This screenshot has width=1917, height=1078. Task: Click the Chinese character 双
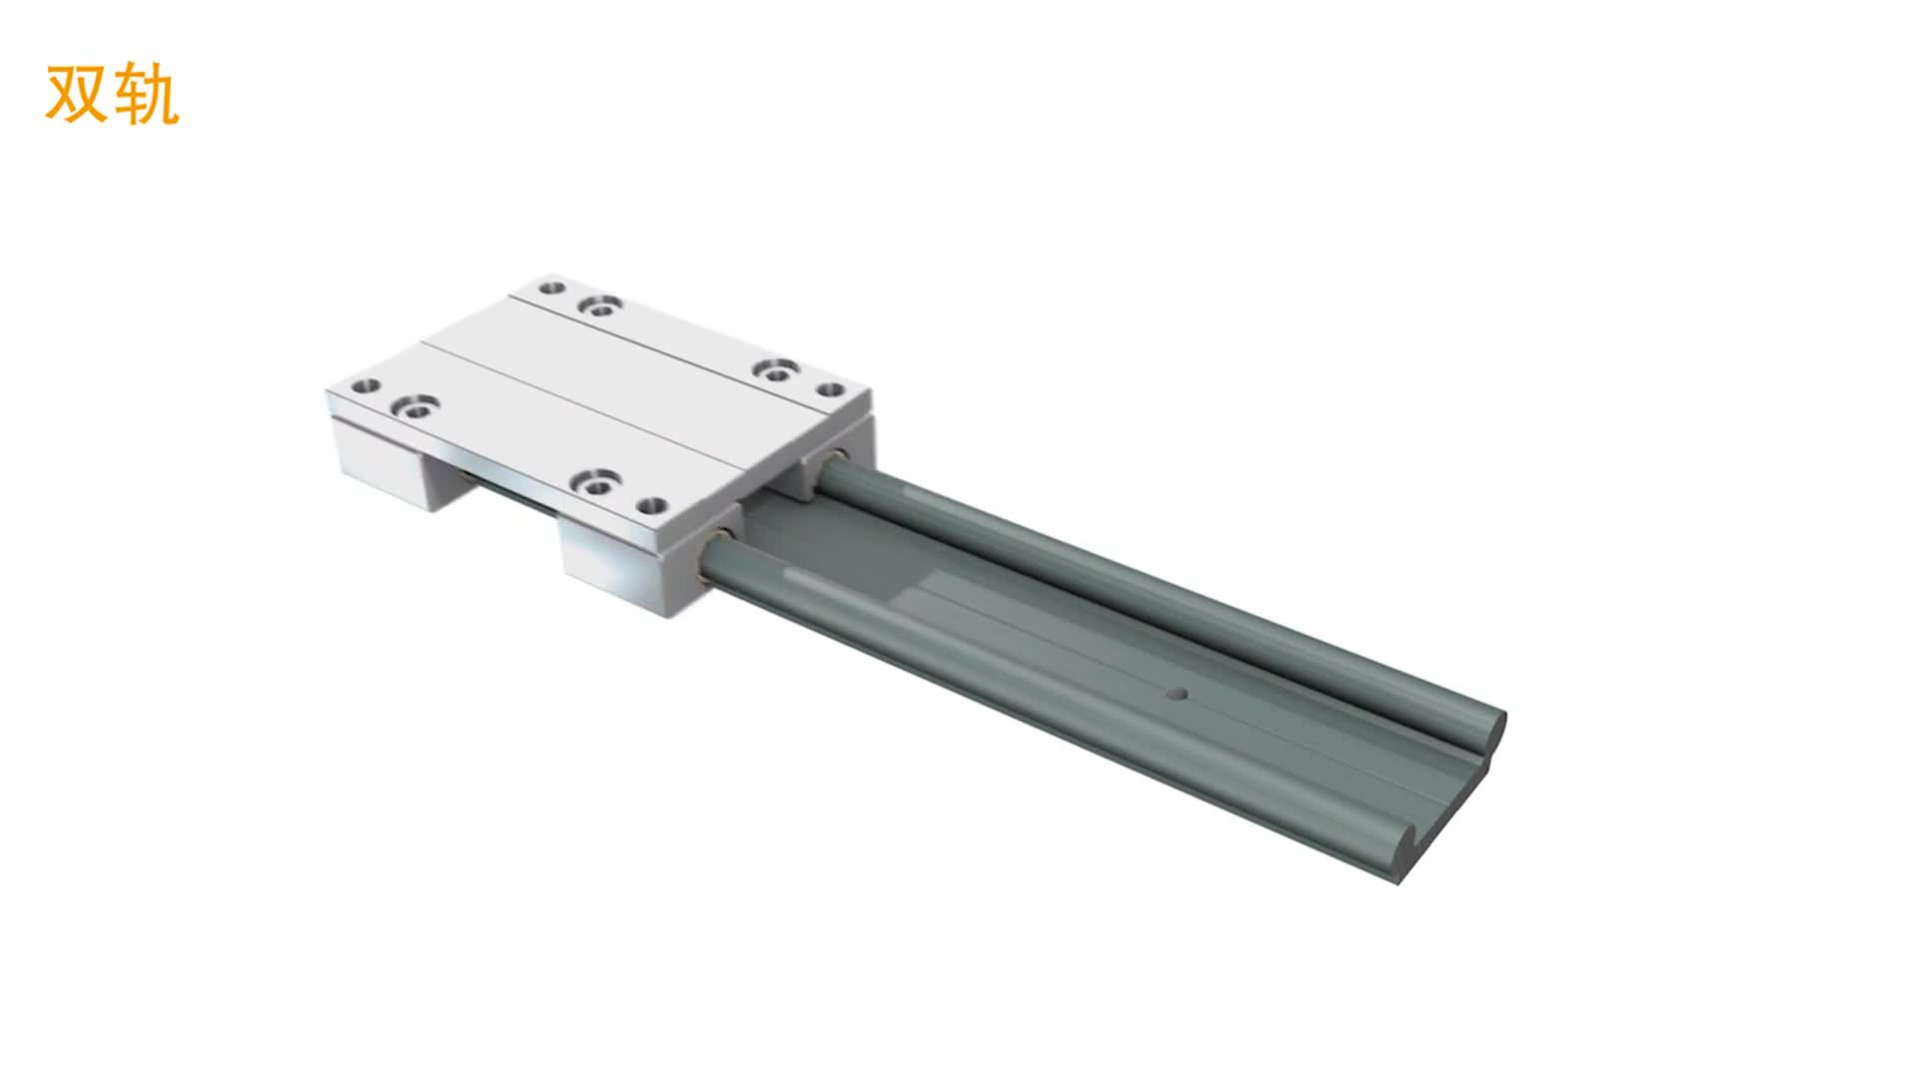77,95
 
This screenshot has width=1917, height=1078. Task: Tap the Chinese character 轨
146,95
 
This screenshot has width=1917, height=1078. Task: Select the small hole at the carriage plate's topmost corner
550,289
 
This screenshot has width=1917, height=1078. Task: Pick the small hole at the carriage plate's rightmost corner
831,389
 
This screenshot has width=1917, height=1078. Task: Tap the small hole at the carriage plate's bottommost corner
651,506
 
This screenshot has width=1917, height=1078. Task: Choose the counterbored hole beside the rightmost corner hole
775,370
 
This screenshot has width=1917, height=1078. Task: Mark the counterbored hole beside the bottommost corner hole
597,483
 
